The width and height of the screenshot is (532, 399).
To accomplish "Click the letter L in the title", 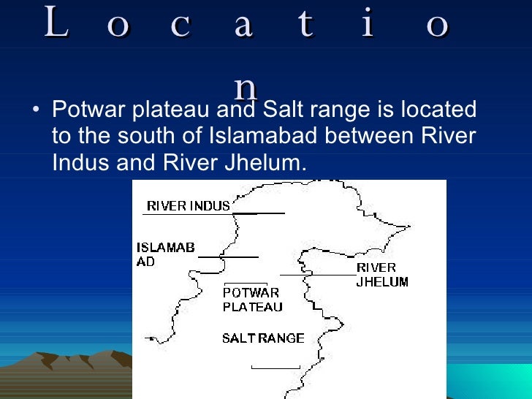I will pos(56,24).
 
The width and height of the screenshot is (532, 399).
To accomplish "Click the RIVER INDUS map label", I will pos(188,206).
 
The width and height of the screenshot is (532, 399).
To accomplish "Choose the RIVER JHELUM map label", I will pos(381,275).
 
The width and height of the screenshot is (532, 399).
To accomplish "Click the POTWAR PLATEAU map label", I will pos(251,300).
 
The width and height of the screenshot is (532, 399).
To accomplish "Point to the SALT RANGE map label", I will pos(262,338).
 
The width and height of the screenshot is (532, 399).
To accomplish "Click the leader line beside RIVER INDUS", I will pos(256,213).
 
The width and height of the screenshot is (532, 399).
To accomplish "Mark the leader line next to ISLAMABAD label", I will pos(227,257).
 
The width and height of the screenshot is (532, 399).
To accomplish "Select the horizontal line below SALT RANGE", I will pos(275,368).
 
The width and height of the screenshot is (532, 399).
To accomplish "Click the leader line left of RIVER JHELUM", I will pos(316,275).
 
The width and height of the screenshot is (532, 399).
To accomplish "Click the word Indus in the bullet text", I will pos(80,162).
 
